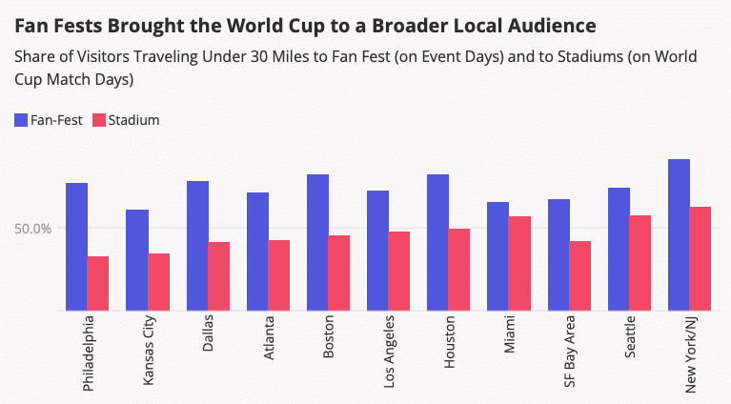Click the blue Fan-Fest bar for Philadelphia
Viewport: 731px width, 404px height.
coord(76,247)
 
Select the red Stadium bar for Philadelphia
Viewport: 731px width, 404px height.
coord(98,283)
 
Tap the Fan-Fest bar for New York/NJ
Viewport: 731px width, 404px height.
coord(679,234)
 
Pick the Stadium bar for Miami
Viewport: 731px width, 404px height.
coord(519,263)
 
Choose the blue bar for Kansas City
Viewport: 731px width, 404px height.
coord(137,260)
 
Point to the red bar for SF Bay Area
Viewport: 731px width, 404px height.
coord(580,276)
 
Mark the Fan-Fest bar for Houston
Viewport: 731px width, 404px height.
coord(437,243)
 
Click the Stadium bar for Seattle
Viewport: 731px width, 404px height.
coord(640,263)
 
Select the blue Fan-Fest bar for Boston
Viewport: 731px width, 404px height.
coord(317,243)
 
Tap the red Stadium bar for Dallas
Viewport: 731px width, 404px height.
coord(218,276)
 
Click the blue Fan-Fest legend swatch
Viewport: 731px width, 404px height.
coord(21,120)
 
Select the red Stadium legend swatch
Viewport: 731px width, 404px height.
coord(99,120)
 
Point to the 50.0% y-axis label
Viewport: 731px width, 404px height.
coord(32,229)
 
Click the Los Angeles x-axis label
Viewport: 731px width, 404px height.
coord(389,352)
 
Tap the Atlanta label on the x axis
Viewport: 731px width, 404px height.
coord(269,338)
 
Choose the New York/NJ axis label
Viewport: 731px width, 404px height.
coord(690,354)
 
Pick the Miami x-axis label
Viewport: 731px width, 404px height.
coord(510,334)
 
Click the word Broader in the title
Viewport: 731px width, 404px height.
coord(410,26)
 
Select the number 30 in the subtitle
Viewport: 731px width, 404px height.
coord(258,57)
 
